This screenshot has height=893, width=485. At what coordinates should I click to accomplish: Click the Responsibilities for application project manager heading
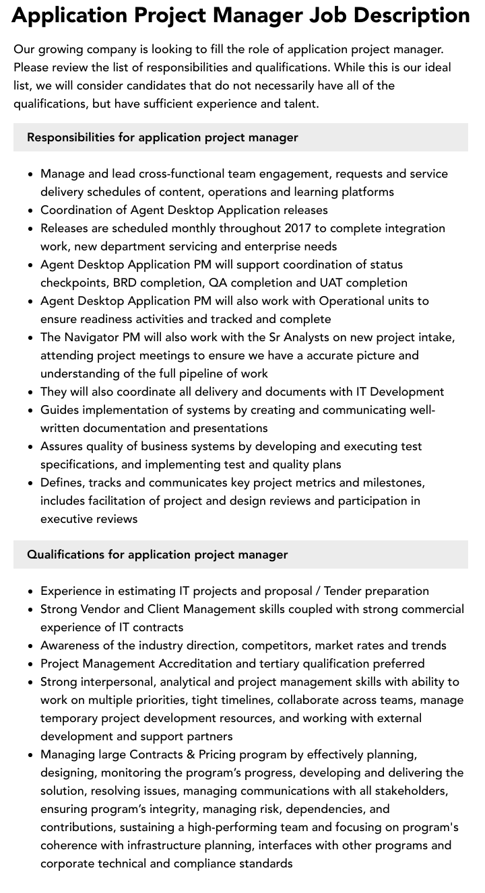pyautogui.click(x=162, y=137)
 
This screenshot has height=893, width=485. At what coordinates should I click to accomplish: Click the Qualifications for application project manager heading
pyautogui.click(x=157, y=555)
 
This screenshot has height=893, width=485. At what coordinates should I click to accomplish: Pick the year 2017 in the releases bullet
pyautogui.click(x=298, y=228)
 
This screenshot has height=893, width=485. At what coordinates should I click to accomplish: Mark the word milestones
pyautogui.click(x=393, y=483)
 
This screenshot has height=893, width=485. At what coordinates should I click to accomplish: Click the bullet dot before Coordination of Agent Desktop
pyautogui.click(x=31, y=211)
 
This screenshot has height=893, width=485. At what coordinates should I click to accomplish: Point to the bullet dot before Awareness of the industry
pyautogui.click(x=31, y=646)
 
